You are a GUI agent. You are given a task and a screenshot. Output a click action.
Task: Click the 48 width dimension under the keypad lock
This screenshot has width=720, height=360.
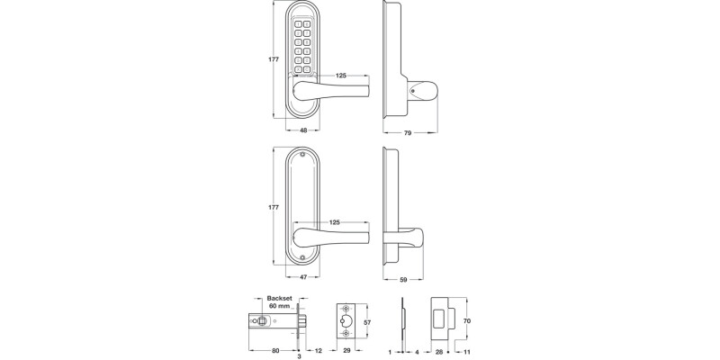[302, 130]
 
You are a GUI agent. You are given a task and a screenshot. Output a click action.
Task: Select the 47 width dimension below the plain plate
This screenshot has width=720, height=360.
[302, 276]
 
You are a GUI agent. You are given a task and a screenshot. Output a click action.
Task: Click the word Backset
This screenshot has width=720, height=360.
[271, 297]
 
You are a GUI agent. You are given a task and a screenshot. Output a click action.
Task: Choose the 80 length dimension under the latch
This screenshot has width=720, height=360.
[276, 349]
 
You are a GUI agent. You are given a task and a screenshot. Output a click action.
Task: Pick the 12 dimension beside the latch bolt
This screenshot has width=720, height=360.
[319, 349]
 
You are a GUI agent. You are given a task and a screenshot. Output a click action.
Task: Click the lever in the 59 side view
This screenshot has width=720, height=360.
[407, 238]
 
